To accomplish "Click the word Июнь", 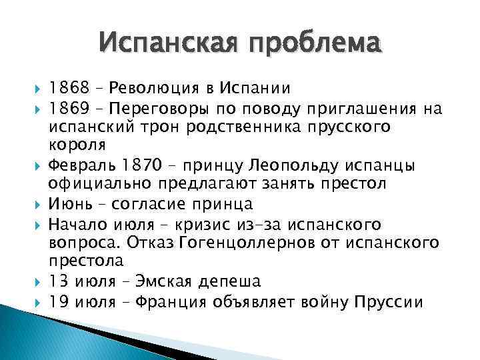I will (67, 204).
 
